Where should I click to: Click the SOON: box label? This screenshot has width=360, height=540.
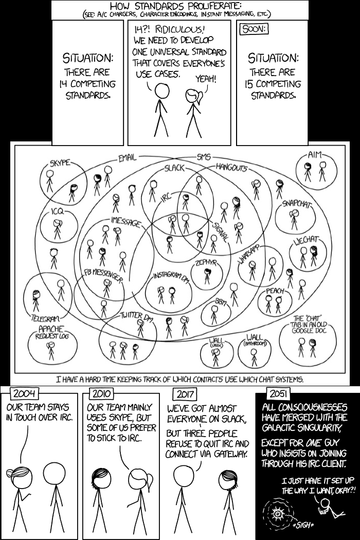click(x=253, y=29)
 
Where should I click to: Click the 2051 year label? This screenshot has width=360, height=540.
click(x=278, y=394)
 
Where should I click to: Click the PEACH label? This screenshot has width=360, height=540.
click(x=275, y=291)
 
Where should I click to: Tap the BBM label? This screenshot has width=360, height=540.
click(x=220, y=301)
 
